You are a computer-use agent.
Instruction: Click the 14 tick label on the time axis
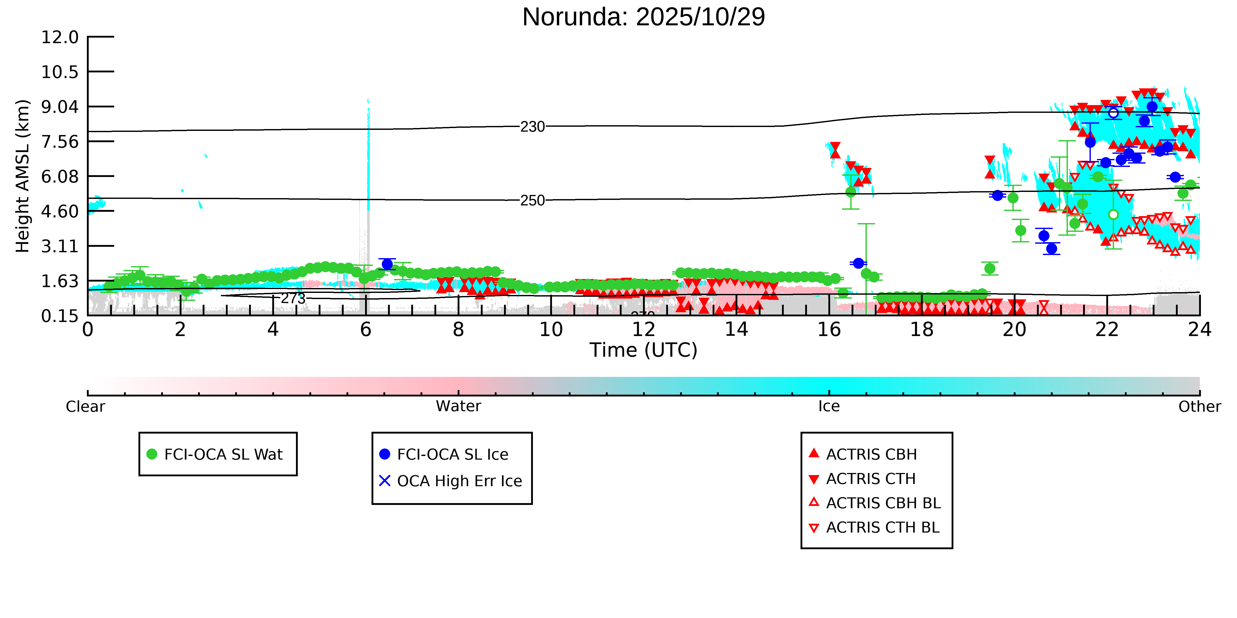click(x=736, y=330)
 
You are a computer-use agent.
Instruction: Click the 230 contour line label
click(x=533, y=127)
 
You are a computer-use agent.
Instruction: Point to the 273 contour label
click(x=293, y=299)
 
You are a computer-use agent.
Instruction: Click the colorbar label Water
click(x=458, y=407)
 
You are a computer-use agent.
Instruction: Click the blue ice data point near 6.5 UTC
click(x=387, y=264)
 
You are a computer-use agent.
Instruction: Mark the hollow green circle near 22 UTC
click(x=1113, y=215)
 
